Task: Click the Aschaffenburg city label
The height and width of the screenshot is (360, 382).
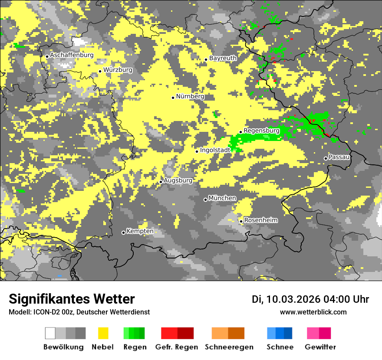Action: pos(72,55)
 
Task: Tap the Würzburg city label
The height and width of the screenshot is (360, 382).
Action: pos(118,70)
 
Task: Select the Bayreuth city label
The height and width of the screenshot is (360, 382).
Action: pos(223,58)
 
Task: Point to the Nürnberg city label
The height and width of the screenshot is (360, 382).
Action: pos(190,96)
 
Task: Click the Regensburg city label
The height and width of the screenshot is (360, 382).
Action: pos(261,131)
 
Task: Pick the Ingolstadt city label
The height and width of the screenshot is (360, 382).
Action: pos(215,150)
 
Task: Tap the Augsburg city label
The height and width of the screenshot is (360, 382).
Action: pos(178,180)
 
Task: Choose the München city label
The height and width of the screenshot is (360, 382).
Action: pos(222,198)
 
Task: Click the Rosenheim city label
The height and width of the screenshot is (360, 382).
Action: pos(260,220)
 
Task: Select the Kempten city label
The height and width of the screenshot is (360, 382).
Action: pos(140,231)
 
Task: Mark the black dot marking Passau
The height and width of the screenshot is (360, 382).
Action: pos(326,158)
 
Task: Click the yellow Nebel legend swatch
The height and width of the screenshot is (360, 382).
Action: pos(103,333)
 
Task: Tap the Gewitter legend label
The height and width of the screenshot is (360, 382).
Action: pos(320,347)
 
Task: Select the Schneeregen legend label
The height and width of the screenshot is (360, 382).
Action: pos(229,347)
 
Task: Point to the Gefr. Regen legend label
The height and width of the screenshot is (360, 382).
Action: pos(177,347)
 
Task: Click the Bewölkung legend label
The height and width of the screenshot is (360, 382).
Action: pos(63,347)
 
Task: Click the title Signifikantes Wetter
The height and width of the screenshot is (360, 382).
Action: pos(72,299)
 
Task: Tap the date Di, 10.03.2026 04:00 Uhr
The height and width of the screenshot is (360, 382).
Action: pos(310,299)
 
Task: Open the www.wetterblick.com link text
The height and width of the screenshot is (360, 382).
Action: pos(313,312)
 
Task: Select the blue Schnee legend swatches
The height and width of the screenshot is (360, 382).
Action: pos(280,333)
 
